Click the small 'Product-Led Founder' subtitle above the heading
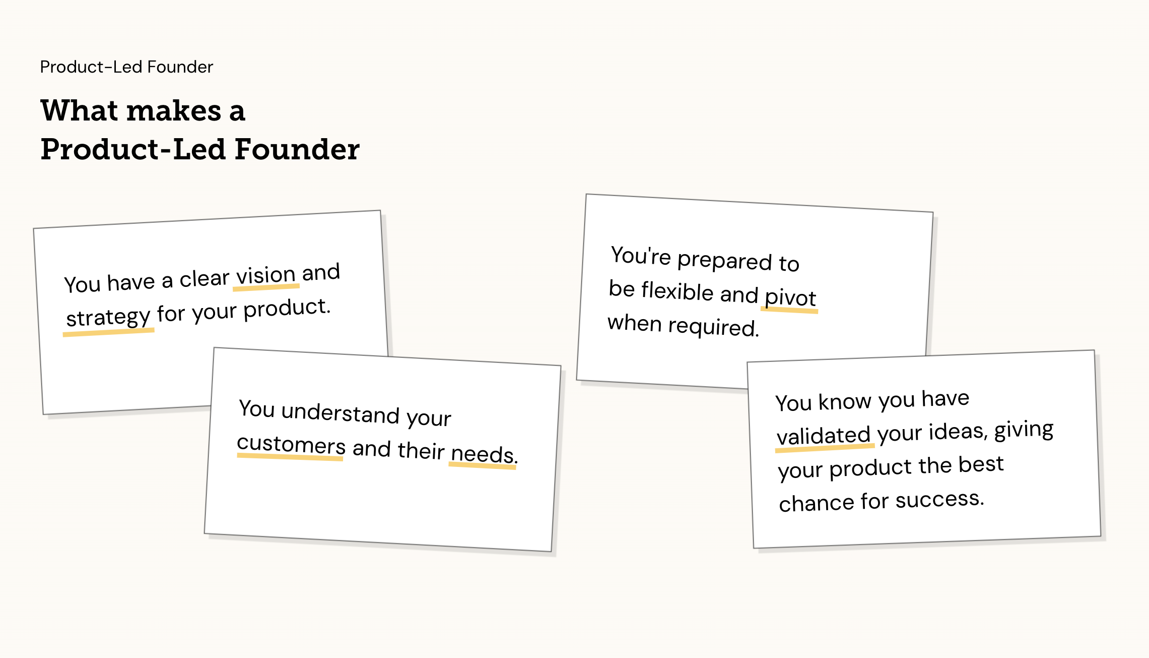126,67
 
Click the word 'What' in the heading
79,110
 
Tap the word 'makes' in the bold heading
174,111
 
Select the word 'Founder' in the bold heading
297,149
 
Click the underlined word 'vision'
266,276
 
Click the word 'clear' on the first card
205,279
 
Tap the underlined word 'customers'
291,445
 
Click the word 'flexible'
678,291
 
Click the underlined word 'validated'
824,435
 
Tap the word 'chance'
817,503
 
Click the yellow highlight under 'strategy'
108,332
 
